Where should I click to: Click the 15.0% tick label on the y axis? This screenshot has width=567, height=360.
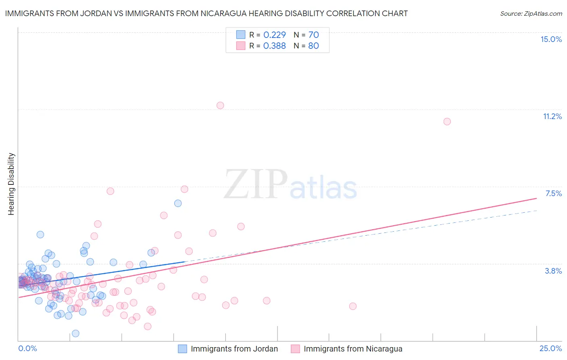pos(551,39)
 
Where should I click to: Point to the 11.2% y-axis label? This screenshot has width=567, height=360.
pos(552,116)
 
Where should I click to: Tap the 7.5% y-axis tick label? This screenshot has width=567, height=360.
pos(553,193)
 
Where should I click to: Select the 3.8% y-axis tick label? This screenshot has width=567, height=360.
pos(553,271)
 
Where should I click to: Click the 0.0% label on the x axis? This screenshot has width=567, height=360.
pos(27,348)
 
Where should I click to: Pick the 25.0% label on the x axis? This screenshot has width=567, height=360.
pos(550,348)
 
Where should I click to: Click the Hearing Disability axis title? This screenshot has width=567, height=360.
pos(11,184)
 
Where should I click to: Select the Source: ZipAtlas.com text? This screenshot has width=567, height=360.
pos(531,13)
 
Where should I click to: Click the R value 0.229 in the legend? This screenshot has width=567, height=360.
pos(274,35)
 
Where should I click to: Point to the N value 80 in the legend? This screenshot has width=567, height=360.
pos(313,46)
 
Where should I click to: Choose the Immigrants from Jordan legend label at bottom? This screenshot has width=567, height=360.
pos(234,349)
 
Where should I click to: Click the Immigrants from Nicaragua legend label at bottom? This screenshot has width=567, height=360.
pos(353,349)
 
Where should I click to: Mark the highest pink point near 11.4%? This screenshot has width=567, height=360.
pos(220,105)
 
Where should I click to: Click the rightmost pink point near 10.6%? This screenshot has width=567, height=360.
pos(447,121)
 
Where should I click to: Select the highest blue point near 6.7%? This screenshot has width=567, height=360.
pos(178,203)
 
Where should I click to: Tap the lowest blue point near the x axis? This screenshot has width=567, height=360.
pos(75,333)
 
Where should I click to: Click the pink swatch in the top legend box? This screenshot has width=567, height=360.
pos(241,46)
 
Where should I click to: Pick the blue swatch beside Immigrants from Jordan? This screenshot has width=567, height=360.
pos(182,349)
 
